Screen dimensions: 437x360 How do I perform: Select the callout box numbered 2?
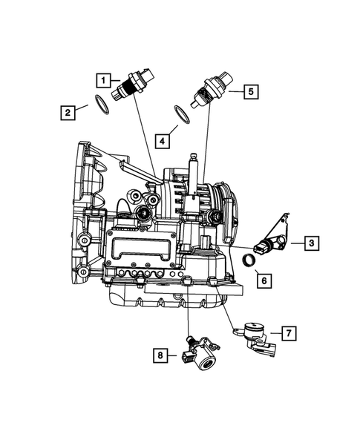tap(68, 113)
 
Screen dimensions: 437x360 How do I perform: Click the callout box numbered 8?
tap(162, 357)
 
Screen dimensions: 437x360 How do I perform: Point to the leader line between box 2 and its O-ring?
tap(85, 109)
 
